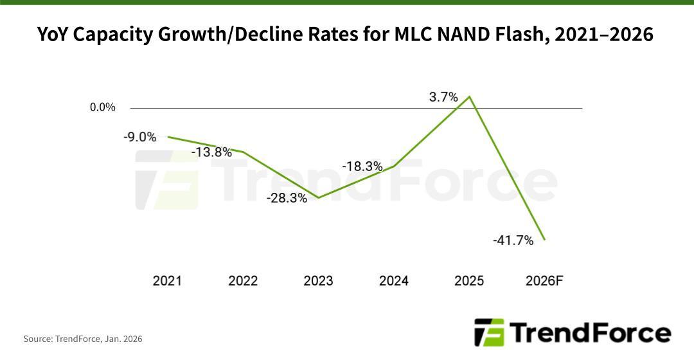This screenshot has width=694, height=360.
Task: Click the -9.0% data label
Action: (139, 136)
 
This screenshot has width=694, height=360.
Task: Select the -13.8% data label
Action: (211, 152)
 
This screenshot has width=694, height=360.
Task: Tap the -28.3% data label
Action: (287, 199)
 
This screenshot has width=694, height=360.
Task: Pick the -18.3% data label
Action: (362, 166)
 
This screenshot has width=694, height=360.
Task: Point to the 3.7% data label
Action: (443, 98)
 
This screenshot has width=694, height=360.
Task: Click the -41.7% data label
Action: (513, 240)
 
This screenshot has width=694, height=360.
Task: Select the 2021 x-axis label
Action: (167, 281)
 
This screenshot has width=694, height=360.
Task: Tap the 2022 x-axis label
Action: (243, 281)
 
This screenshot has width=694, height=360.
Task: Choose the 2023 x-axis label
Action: (318, 281)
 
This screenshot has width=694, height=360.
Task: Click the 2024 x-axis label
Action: (394, 281)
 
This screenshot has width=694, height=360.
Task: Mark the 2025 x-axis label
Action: (469, 281)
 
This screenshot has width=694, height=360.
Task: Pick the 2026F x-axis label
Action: (544, 281)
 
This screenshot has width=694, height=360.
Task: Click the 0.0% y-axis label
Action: (103, 107)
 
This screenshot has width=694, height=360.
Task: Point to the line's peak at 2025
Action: (470, 97)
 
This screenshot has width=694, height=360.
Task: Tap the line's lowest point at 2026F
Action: (545, 240)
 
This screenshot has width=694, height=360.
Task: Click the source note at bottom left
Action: (83, 339)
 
